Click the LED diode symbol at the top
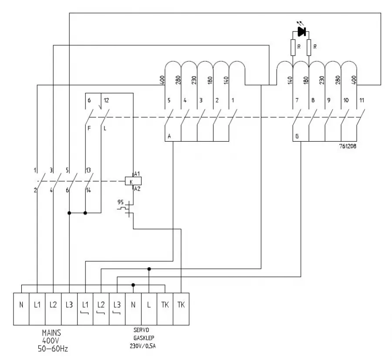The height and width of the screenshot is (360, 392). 301,31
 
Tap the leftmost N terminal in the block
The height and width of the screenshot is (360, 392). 21,305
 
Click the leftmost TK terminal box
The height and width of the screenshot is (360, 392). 165,305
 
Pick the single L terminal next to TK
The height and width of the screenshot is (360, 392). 149,305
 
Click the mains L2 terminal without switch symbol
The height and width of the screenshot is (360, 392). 53,305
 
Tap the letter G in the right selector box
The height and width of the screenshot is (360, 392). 297,137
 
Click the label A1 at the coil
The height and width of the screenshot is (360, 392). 137,174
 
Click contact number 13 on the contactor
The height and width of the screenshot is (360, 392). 88,170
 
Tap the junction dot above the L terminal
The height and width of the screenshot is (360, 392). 149,269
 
